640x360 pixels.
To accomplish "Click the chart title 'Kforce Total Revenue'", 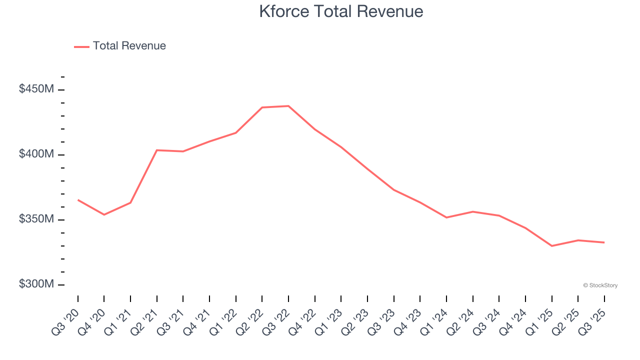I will pyautogui.click(x=341, y=11).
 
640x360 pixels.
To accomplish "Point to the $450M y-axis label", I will pyautogui.click(x=36, y=89).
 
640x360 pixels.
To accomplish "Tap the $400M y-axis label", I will pyautogui.click(x=36, y=154).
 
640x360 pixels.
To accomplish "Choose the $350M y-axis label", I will pyautogui.click(x=36, y=219).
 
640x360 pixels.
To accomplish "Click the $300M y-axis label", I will pyautogui.click(x=36, y=284).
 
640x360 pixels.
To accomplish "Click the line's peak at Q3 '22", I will pyautogui.click(x=288, y=106).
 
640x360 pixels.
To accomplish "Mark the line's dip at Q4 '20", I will pyautogui.click(x=104, y=214).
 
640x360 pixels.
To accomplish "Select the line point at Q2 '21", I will pyautogui.click(x=157, y=150).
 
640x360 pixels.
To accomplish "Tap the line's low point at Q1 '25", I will pyautogui.click(x=551, y=246).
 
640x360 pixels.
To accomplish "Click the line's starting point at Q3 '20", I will pyautogui.click(x=78, y=200).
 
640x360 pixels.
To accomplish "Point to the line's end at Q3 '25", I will pyautogui.click(x=604, y=242).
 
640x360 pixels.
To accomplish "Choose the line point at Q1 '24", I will pyautogui.click(x=446, y=217).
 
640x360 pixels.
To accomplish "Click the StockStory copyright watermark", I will pyautogui.click(x=600, y=285).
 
